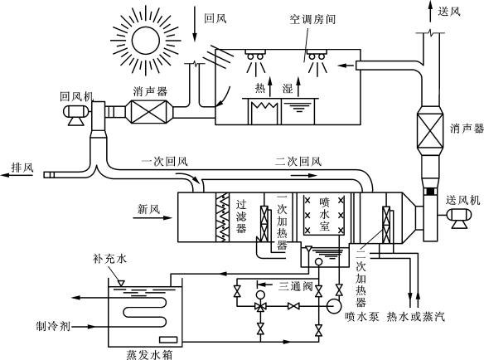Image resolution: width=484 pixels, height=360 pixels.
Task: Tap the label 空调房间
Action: (312, 20)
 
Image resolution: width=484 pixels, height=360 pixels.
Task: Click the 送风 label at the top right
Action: (449, 12)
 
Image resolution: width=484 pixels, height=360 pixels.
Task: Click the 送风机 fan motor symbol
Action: (459, 218)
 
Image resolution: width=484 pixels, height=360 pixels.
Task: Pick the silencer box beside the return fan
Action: (149, 111)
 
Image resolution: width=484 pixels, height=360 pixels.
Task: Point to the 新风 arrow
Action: (152, 218)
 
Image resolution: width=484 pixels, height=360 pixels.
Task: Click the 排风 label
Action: (22, 168)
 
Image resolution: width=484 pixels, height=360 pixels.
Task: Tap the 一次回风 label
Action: (165, 161)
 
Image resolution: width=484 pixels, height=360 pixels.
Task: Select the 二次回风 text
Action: (298, 161)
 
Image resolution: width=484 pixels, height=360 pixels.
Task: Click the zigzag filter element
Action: (223, 217)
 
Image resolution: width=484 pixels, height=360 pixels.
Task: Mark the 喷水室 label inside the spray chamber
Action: (325, 215)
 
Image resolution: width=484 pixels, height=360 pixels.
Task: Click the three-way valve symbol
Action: (261, 307)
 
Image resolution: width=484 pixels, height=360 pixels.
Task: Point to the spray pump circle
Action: (334, 306)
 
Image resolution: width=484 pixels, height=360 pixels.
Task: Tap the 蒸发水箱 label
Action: (149, 354)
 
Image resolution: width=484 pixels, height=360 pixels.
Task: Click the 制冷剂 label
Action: (53, 326)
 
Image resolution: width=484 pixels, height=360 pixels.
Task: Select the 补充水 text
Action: (109, 259)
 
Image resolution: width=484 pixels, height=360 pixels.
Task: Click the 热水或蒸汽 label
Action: (416, 316)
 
